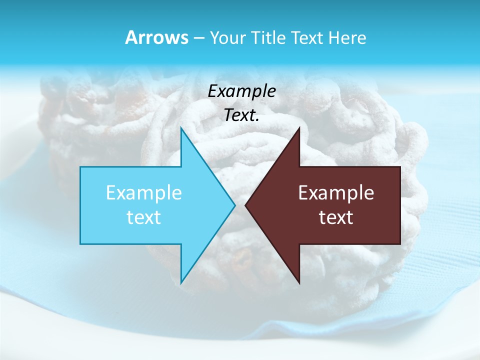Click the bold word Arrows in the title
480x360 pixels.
pyautogui.click(x=156, y=37)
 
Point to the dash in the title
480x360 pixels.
pyautogui.click(x=198, y=38)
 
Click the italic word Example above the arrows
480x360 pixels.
pyautogui.click(x=242, y=91)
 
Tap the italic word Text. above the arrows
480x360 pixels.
pyautogui.click(x=242, y=115)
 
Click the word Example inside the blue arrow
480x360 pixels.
pyautogui.click(x=144, y=192)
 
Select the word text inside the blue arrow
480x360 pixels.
pyautogui.click(x=144, y=217)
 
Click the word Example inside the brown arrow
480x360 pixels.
pyautogui.click(x=336, y=192)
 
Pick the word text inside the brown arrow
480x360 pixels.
pyautogui.click(x=336, y=217)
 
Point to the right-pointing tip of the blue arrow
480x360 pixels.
pyautogui.click(x=234, y=205)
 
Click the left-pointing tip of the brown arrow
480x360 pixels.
pyautogui.click(x=246, y=205)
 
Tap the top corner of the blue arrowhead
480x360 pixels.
pyautogui.click(x=181, y=129)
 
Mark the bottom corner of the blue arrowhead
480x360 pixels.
pyautogui.click(x=181, y=282)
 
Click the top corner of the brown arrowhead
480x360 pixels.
pyautogui.click(x=299, y=128)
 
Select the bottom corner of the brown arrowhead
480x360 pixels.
pyautogui.click(x=299, y=283)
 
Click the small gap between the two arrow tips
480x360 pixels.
pyautogui.click(x=240, y=205)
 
